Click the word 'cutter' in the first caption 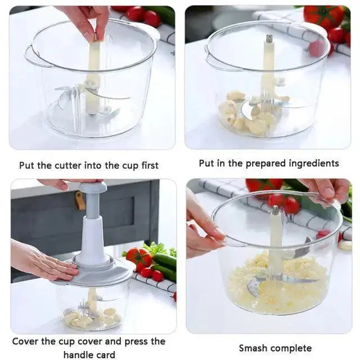pyautogui.click(x=68, y=165)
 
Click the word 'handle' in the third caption pyautogui.click(x=78, y=354)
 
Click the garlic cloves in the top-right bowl pyautogui.click(x=247, y=112)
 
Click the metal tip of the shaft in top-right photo pyautogui.click(x=269, y=39)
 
